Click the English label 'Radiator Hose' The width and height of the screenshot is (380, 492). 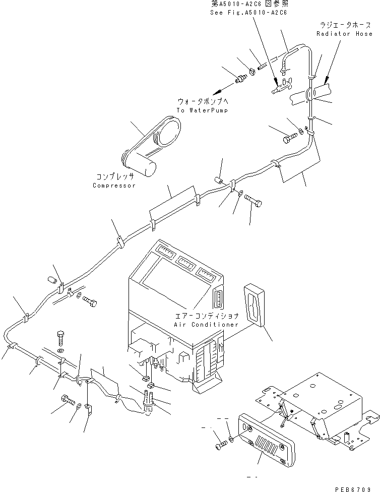click(x=344, y=34)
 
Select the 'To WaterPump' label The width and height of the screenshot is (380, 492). click(x=195, y=110)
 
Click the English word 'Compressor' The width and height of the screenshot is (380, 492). click(x=114, y=186)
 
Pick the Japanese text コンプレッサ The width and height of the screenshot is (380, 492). click(x=115, y=177)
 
